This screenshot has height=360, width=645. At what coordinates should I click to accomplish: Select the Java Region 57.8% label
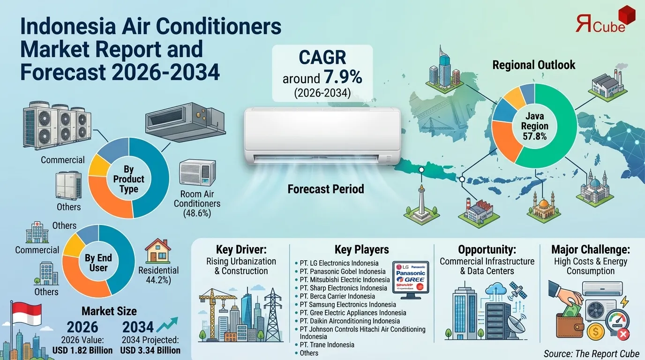pos(535,126)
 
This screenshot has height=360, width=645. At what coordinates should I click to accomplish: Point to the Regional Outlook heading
pos(533,65)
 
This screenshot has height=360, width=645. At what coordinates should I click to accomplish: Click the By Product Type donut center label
pos(128,179)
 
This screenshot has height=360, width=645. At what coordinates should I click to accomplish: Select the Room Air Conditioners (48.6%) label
pos(197,203)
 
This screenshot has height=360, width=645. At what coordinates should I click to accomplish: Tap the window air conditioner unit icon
pos(197,173)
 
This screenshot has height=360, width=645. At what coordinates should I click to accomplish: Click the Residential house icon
pos(157,251)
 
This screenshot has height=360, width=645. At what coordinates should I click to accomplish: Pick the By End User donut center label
pos(98,262)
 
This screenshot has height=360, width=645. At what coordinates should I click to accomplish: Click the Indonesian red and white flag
pos(27,313)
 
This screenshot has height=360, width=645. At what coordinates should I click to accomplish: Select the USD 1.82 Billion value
pos(83,350)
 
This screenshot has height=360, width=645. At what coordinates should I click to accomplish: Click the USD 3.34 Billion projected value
pos(150,350)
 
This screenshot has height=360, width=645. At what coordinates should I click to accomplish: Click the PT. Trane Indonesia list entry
pos(327,345)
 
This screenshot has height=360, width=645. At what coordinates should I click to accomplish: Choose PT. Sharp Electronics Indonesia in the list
pos(343,288)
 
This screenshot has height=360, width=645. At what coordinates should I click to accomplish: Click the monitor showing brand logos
pos(410,279)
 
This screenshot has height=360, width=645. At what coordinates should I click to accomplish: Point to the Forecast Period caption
pos(326,189)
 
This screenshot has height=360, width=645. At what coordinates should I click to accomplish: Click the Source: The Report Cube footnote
pos(591,353)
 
